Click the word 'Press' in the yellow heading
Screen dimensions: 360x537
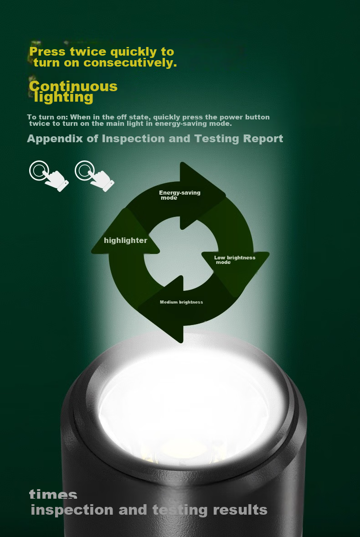pos(47,52)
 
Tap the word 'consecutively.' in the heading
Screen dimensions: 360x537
pos(130,62)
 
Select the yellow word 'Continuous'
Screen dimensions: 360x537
pos(73,86)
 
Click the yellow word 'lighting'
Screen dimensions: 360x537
pos(64,98)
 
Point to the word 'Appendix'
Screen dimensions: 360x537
pos(55,139)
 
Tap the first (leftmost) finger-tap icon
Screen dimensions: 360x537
pos(49,176)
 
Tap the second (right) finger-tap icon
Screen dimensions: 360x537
pos(94,176)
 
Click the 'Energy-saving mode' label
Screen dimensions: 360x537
pos(180,195)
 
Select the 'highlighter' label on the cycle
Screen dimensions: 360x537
pos(126,240)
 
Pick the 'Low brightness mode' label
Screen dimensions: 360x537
pos(235,260)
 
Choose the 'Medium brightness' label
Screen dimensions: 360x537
pos(181,302)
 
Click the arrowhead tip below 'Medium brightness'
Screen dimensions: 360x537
pos(181,342)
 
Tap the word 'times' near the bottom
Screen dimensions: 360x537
pos(53,494)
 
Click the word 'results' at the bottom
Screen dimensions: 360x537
pos(240,510)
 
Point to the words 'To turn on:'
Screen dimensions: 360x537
pos(47,118)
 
